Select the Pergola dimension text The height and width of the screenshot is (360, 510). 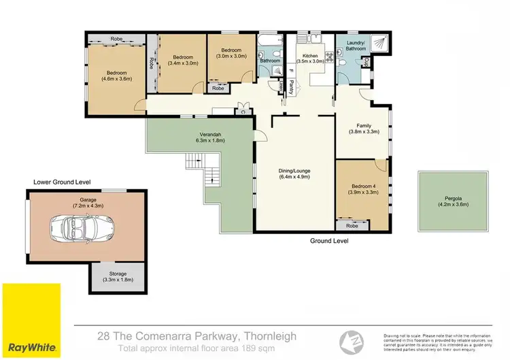point(454,204)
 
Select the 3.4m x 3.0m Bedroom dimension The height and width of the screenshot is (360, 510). point(182,63)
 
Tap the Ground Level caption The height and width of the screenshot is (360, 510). point(329,241)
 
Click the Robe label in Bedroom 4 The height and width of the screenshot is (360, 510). point(352,225)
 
